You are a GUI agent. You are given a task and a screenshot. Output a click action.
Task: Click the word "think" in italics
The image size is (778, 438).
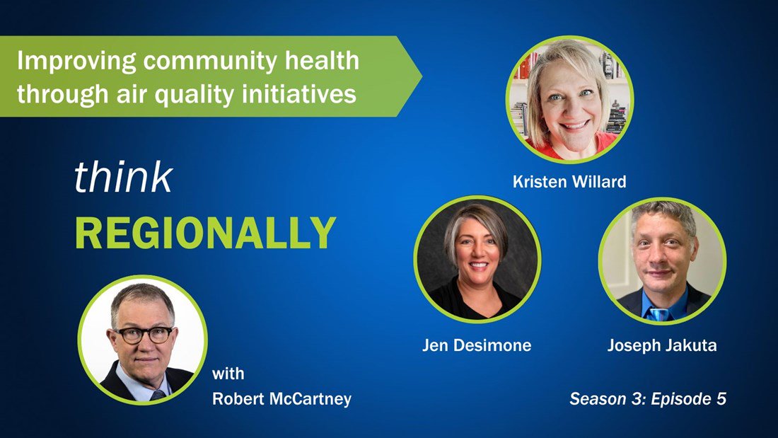coord(124,177)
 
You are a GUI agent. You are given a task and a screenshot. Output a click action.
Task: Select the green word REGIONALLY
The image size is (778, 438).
coord(205,232)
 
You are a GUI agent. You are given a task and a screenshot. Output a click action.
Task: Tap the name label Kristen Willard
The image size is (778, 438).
coord(569,182)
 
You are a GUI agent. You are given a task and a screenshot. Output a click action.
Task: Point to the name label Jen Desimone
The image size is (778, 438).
coord(477,345)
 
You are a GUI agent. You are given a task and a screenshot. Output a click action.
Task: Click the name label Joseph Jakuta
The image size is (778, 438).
coord(662,345)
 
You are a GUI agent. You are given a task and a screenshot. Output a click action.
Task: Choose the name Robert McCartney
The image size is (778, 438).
coord(281,398)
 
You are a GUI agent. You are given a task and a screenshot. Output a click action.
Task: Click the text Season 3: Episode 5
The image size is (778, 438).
coord(647,398)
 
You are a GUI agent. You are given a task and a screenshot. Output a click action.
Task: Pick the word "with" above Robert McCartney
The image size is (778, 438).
coord(228,373)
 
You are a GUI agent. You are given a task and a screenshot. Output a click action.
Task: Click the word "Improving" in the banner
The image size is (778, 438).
coord(76,62)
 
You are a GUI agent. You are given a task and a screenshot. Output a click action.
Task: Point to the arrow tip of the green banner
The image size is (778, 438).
coord(422,76)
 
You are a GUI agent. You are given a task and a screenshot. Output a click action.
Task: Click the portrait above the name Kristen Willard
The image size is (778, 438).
coord(569,99)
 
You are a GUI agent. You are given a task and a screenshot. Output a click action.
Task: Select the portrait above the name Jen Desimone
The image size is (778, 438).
coord(477,259)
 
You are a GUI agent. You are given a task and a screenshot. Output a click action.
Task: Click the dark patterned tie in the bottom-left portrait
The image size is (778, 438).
coord(157,396)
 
